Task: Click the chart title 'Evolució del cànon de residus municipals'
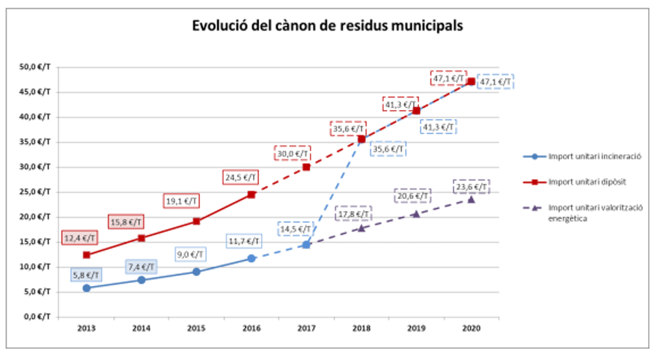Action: (x=327, y=25)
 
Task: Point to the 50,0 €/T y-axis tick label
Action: (x=36, y=67)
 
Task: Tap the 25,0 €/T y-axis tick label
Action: (x=36, y=192)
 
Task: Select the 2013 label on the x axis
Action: (x=87, y=328)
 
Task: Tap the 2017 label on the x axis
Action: (x=306, y=328)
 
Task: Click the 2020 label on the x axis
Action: (x=471, y=328)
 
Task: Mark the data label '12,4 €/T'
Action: (x=80, y=239)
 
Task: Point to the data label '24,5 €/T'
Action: (x=241, y=178)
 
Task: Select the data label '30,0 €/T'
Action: (x=292, y=153)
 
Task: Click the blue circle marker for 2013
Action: (x=87, y=287)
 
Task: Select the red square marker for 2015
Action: (x=197, y=221)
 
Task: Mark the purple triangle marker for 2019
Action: (x=416, y=213)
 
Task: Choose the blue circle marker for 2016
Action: (x=251, y=258)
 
